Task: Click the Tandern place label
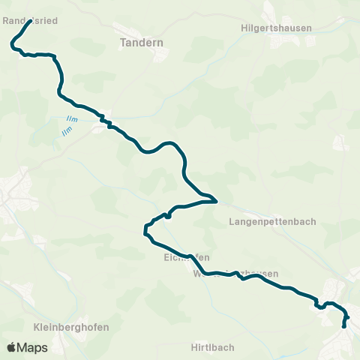click(x=142, y=43)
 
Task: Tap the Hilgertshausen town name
click(x=277, y=28)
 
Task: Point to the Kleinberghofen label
click(x=71, y=327)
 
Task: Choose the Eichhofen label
click(x=181, y=257)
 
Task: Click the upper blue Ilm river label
click(x=72, y=119)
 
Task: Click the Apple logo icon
click(x=11, y=347)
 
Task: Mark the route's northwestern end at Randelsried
click(x=30, y=21)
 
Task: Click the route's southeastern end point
click(x=343, y=326)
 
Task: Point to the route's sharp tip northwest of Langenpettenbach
click(x=216, y=201)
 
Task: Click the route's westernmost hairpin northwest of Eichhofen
click(x=145, y=229)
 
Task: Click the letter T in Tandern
click(x=124, y=43)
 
